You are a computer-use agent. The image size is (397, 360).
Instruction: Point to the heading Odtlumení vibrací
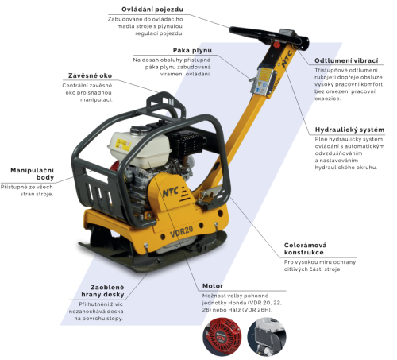pyautogui.click(x=346, y=60)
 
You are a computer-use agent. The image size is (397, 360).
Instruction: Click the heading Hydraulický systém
pyautogui.click(x=349, y=129)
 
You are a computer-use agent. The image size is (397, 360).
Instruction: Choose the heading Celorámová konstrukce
pyautogui.click(x=305, y=250)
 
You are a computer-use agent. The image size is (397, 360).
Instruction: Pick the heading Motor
pyautogui.click(x=212, y=285)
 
